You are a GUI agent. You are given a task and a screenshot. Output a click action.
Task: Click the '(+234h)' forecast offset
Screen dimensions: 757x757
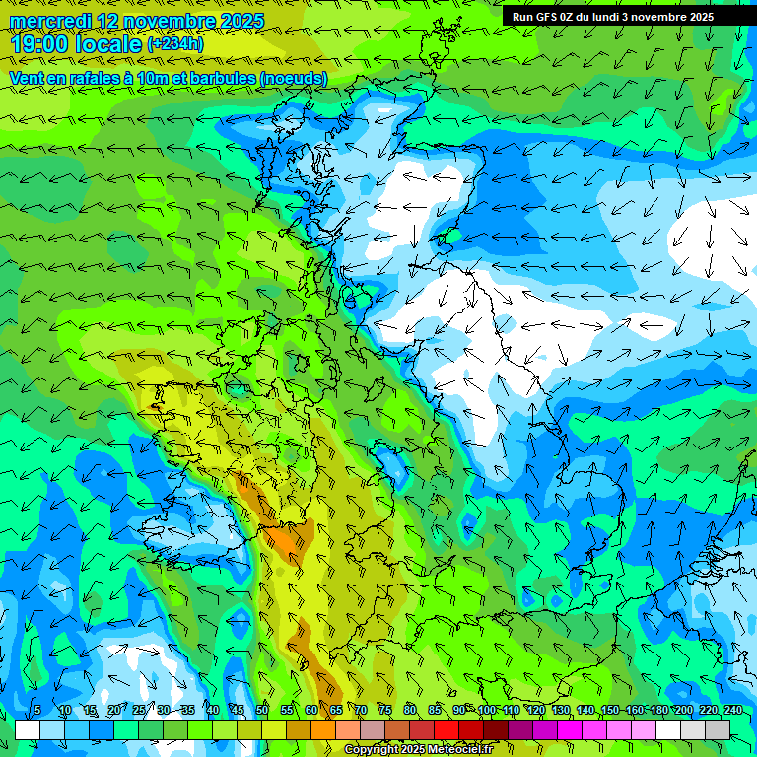tap(175, 44)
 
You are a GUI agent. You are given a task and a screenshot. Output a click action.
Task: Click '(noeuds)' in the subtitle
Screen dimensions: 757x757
tap(294, 78)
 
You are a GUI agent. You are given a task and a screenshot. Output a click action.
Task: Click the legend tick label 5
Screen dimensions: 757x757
tap(37, 710)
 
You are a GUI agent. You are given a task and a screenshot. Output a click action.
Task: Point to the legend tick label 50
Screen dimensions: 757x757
tap(262, 710)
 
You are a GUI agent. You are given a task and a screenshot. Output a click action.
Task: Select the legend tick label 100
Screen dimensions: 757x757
tap(487, 710)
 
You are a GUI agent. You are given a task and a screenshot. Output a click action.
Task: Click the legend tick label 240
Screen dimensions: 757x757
tap(733, 710)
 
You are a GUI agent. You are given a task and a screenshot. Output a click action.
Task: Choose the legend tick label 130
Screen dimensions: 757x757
tap(561, 710)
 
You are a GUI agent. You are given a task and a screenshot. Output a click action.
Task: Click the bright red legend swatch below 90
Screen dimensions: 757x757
tap(447, 729)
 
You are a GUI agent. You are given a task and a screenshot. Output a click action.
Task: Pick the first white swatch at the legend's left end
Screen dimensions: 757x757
tap(28, 729)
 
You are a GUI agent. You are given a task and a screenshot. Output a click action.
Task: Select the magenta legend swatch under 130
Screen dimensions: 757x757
tap(570, 729)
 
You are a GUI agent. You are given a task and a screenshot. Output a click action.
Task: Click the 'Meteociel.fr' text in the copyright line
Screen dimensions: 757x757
tap(459, 750)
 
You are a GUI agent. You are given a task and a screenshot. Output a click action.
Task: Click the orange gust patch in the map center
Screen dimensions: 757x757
tap(289, 541)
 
